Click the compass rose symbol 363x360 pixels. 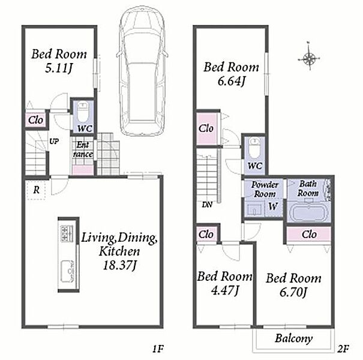(x=309, y=59)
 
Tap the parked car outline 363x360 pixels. (x=142, y=72)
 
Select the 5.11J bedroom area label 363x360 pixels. (x=59, y=68)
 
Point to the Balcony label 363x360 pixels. (x=294, y=339)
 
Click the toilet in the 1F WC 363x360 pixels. (x=82, y=112)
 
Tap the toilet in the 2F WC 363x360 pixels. (x=254, y=148)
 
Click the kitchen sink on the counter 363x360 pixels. (x=68, y=271)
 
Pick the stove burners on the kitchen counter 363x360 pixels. (x=67, y=233)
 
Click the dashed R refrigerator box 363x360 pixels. (x=37, y=190)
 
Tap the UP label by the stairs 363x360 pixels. (x=54, y=141)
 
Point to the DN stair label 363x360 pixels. (x=207, y=205)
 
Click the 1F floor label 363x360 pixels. (x=158, y=349)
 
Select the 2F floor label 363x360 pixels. (x=343, y=349)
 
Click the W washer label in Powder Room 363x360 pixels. (x=273, y=206)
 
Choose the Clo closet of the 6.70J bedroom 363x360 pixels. (x=309, y=234)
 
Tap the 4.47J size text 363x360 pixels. (x=224, y=290)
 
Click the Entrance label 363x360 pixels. (x=83, y=149)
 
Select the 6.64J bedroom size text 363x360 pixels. (x=231, y=82)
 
